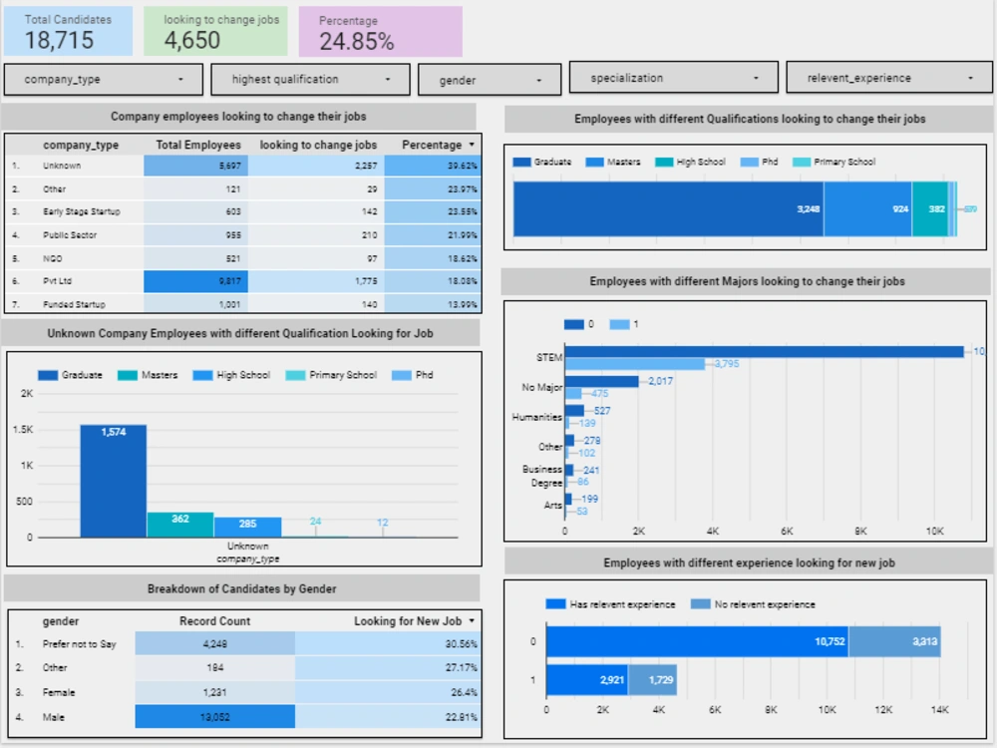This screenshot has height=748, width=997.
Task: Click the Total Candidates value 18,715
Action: coord(59,40)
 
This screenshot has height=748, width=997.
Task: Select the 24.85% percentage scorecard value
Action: coord(356,41)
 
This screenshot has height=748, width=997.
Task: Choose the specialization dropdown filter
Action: coord(673,78)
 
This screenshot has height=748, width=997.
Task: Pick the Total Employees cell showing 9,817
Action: coord(196,282)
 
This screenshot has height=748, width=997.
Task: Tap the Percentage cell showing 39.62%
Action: coord(433,166)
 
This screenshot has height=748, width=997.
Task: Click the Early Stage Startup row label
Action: coord(77,212)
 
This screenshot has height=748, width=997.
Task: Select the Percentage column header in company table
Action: coord(432,145)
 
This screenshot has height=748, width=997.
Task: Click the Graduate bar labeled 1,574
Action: coord(113,481)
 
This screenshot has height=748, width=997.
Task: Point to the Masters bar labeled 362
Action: coord(180,525)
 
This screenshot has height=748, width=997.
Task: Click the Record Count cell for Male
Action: coord(214,716)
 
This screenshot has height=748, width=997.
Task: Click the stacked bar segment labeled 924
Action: coord(867,209)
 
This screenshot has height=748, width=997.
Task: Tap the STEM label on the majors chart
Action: coord(549,357)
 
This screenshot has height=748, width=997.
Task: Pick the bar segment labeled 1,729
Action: coord(652,679)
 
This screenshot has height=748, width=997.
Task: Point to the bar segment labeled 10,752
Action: coord(697,641)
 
